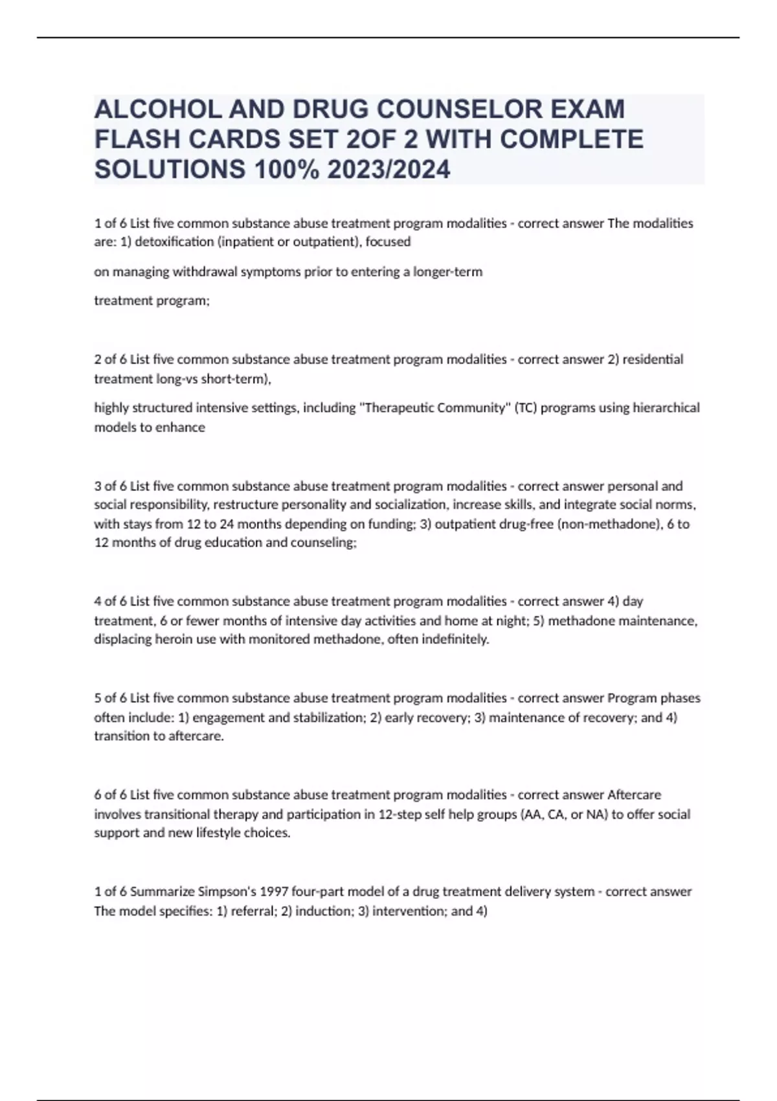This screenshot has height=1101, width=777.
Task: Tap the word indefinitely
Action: coord(456,640)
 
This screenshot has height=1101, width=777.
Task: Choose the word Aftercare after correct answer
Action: coord(634,795)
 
